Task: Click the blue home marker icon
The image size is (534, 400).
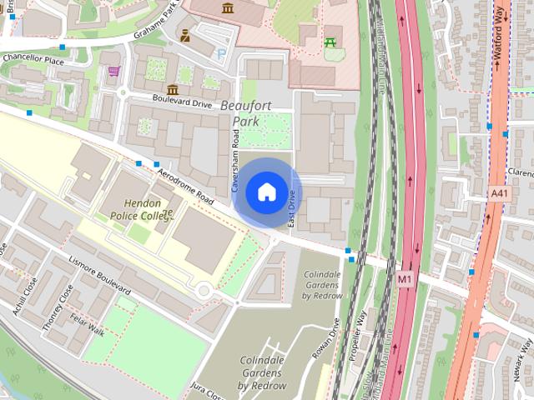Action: [266, 192]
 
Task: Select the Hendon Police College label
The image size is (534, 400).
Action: [140, 209]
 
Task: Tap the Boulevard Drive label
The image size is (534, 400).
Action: [182, 98]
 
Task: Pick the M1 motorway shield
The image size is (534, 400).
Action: [406, 278]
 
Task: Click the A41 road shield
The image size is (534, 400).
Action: [499, 193]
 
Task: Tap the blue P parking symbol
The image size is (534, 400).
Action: [220, 52]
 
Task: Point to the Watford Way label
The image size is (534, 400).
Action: [502, 32]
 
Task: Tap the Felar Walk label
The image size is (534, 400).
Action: [87, 323]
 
